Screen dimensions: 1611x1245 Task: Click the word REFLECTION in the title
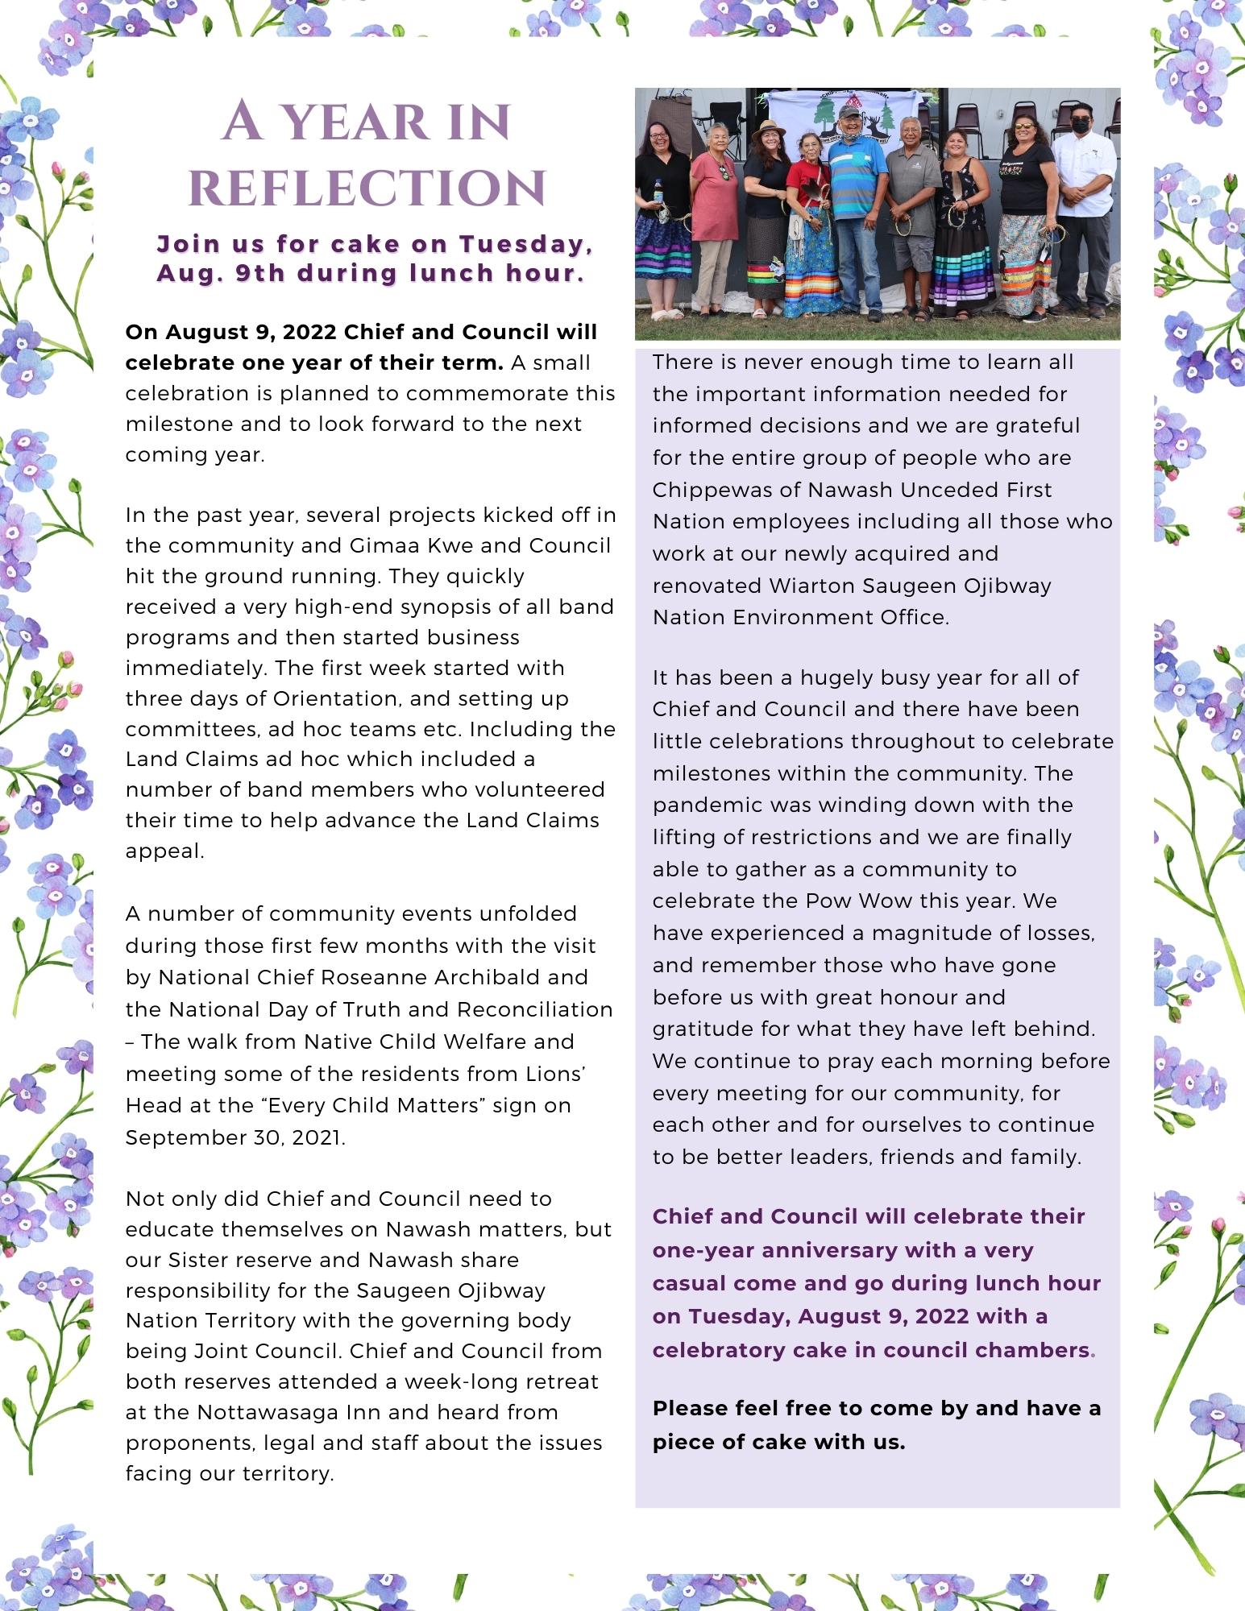[367, 188]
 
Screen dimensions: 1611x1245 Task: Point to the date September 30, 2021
[235, 1137]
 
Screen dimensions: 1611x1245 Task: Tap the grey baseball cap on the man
[849, 110]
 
